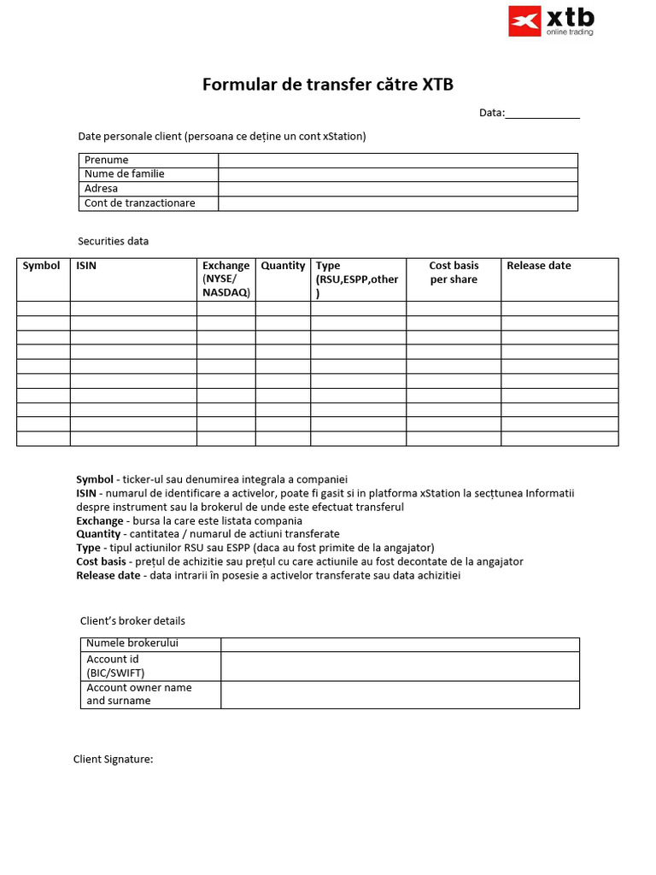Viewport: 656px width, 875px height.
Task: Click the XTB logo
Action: pos(551,21)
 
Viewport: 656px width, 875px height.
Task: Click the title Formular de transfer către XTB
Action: pos(327,85)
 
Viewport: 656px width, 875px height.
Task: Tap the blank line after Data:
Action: pos(542,114)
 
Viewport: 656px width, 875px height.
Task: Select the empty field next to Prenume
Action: pos(398,160)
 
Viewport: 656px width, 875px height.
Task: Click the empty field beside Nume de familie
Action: pos(398,174)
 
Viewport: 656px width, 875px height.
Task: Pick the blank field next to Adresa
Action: pos(398,189)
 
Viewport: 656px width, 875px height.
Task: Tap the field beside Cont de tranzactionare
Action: pos(398,203)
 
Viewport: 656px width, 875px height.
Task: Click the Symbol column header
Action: pos(42,266)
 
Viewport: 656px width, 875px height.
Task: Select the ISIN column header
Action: pos(86,266)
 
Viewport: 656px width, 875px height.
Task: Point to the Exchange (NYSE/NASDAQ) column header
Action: pos(226,279)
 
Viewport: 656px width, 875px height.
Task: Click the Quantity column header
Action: pos(283,266)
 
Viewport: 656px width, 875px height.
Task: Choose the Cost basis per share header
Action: pos(454,273)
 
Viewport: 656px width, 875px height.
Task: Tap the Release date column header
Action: pos(539,266)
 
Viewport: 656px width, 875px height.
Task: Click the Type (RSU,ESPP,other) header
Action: pos(357,279)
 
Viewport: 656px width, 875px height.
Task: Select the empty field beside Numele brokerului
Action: pos(400,644)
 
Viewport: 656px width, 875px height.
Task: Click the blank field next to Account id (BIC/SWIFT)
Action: pos(400,666)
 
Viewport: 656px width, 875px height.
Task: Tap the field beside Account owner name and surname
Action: pos(400,694)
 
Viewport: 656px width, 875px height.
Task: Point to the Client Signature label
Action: pos(113,759)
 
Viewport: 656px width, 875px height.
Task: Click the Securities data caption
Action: pos(114,241)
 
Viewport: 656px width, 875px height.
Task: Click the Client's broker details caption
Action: pos(132,620)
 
